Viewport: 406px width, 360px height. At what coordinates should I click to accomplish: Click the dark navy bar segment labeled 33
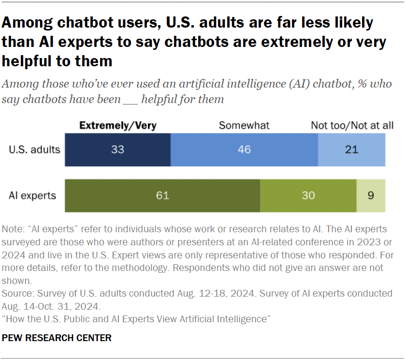coord(117,150)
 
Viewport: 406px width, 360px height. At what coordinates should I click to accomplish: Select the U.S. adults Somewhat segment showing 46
coord(244,150)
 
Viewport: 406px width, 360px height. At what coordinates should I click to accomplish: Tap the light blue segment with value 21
coord(351,150)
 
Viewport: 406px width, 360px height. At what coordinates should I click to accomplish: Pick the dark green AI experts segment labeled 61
coord(162,195)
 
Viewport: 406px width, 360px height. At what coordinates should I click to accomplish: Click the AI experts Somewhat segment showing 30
coord(308,195)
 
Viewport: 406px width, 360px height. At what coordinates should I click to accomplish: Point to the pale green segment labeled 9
coord(371,195)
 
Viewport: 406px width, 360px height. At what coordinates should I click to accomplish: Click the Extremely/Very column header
coord(117,125)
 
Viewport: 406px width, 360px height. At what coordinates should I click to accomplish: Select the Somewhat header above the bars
coord(244,125)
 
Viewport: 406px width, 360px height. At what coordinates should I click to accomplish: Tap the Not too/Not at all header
coord(352,125)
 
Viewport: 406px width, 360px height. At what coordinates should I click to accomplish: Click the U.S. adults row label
coord(34,149)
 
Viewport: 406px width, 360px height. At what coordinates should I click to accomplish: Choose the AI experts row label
coord(32,195)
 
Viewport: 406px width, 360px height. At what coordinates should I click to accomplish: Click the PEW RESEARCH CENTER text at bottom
coord(57,338)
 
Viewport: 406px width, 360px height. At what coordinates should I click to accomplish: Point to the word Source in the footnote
coord(15,294)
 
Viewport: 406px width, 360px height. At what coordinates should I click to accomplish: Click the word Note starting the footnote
coord(12,229)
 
